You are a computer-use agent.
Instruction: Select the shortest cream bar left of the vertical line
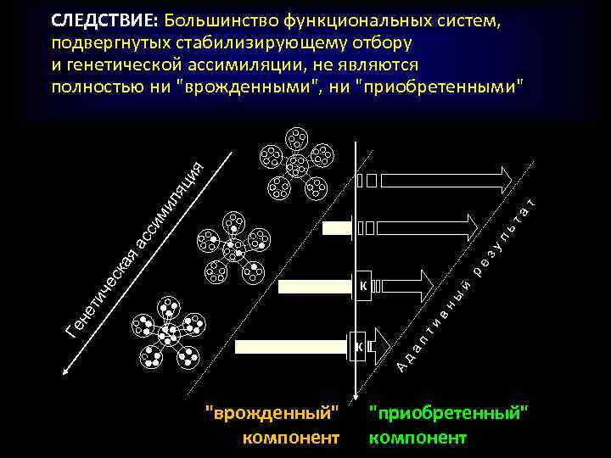[339, 226]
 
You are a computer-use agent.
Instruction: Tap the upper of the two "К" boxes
[363, 285]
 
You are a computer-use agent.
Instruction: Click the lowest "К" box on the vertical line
[359, 346]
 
